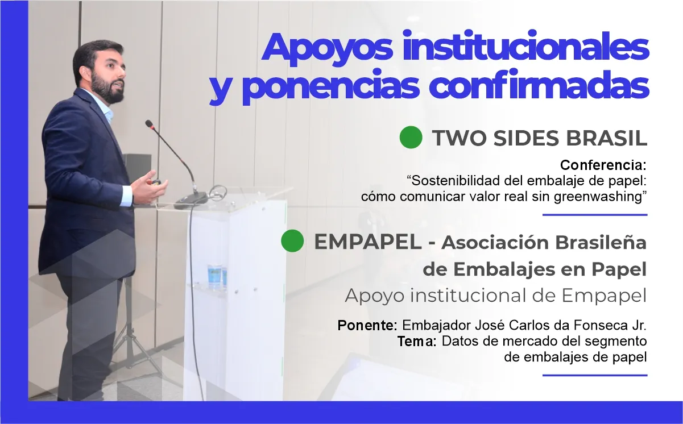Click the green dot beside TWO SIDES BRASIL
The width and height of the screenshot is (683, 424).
pos(411,138)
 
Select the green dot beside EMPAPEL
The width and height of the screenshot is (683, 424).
pos(292,241)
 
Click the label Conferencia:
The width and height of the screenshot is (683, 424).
pos(603,165)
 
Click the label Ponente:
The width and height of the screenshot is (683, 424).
pos(367,326)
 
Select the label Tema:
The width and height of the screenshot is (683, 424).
pos(417,342)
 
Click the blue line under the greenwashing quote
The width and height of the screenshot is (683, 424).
pos(595,215)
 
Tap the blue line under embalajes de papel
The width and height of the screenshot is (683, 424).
pos(595,375)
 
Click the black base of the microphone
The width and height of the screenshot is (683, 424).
pos(191,198)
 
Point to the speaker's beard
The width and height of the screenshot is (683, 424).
pos(108,91)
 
